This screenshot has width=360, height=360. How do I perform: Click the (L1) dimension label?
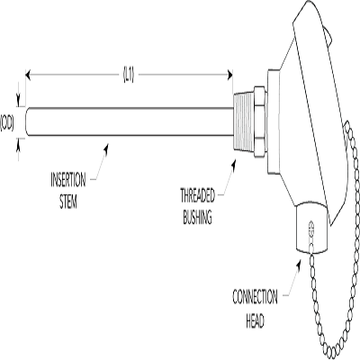tap(129, 75)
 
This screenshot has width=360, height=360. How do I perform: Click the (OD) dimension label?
tap(7, 122)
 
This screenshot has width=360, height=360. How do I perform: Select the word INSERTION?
tap(68, 180)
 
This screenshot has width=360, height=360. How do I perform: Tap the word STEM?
tap(68, 202)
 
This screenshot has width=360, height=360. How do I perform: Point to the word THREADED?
tap(197, 195)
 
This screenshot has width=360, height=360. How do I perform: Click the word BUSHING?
tap(197, 217)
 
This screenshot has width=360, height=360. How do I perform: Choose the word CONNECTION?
tap(255, 297)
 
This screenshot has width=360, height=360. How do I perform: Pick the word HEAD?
tap(255, 320)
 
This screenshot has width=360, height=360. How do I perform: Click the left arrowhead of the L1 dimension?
tap(28, 75)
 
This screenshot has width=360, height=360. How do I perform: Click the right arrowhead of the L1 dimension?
tap(230, 75)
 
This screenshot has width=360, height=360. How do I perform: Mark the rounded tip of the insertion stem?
tap(28, 121)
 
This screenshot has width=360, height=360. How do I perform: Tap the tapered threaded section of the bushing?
tap(244, 121)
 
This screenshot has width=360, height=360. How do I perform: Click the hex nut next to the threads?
tap(260, 121)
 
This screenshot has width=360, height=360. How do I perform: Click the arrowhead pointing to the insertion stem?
tap(105, 148)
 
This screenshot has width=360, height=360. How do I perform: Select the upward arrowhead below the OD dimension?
tap(19, 146)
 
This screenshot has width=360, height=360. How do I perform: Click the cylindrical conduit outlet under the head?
tap(312, 227)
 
